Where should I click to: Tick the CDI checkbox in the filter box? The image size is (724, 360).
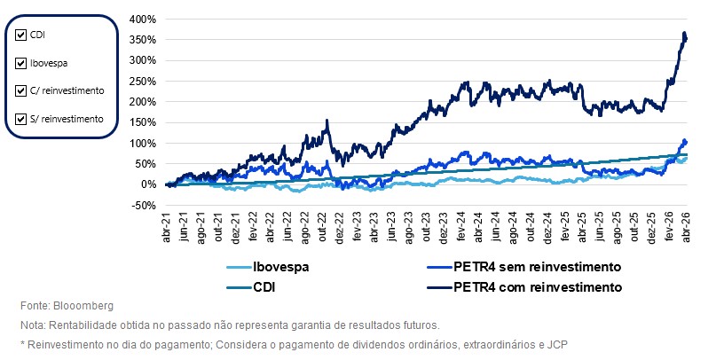click(x=21, y=35)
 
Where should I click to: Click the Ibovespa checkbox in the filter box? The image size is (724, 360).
click(x=21, y=63)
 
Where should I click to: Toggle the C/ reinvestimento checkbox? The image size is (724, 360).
click(x=21, y=90)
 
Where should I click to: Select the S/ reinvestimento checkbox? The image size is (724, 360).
click(x=21, y=118)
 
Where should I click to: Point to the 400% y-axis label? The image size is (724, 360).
click(x=143, y=19)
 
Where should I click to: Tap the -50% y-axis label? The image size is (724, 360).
click(x=144, y=205)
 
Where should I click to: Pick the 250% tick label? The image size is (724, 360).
click(x=143, y=81)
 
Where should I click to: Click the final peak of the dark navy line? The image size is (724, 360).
click(x=684, y=34)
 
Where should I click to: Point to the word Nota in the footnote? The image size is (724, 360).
click(x=32, y=325)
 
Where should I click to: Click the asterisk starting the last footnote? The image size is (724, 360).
click(x=21, y=344)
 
